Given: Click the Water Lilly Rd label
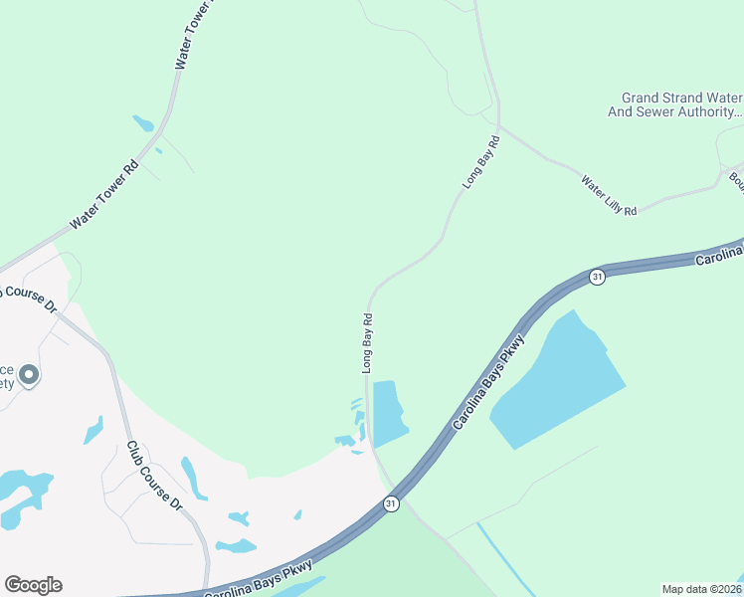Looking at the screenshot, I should click(x=609, y=195).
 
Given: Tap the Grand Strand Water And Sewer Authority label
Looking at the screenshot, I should click(x=675, y=105).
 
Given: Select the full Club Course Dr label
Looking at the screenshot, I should click(x=154, y=477).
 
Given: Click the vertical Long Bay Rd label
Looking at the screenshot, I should click(x=367, y=343).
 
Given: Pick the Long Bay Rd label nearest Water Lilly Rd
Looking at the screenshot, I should click(x=480, y=163).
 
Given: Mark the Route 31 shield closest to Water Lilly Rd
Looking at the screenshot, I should click(x=596, y=277).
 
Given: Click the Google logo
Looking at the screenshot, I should click(x=33, y=585).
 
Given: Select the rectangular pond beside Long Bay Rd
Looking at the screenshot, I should click(x=388, y=413).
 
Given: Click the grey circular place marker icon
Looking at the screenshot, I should click(x=28, y=375).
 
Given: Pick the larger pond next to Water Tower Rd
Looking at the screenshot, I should click(x=143, y=123).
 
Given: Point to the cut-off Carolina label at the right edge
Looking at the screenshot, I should click(x=718, y=258).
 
